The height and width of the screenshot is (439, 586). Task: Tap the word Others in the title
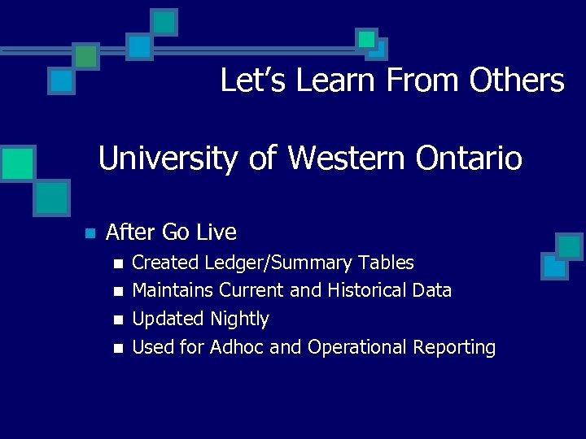517,80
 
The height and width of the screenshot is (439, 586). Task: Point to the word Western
332,158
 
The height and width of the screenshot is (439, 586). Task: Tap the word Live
216,233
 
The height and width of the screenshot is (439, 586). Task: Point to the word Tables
385,263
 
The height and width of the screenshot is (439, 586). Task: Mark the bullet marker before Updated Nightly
118,319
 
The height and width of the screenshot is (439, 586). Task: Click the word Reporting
454,348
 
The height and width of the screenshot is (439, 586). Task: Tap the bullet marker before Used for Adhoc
118,348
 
